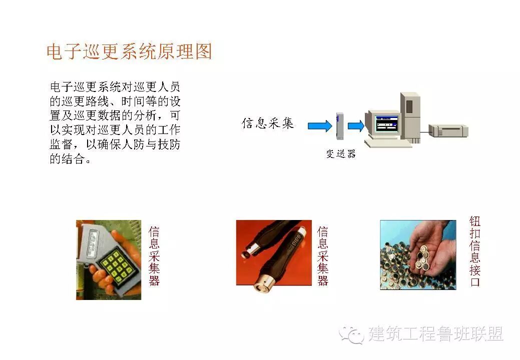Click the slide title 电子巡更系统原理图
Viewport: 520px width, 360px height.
click(x=129, y=51)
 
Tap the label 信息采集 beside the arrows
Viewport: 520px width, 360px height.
click(x=268, y=123)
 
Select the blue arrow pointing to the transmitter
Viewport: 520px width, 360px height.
click(x=320, y=126)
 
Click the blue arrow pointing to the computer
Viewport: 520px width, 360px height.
click(x=356, y=126)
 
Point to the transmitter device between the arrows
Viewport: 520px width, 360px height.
click(x=340, y=126)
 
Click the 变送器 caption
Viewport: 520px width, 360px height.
click(x=341, y=153)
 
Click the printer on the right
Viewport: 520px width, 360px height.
click(x=448, y=130)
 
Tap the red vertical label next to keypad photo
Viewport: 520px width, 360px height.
click(x=154, y=255)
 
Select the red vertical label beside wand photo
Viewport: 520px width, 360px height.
click(x=323, y=255)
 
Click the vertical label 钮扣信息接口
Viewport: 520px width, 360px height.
click(x=475, y=251)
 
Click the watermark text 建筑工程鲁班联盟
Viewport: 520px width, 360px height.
click(x=435, y=333)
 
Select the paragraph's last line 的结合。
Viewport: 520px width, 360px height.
click(x=70, y=159)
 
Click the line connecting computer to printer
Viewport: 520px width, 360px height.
click(x=424, y=132)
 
